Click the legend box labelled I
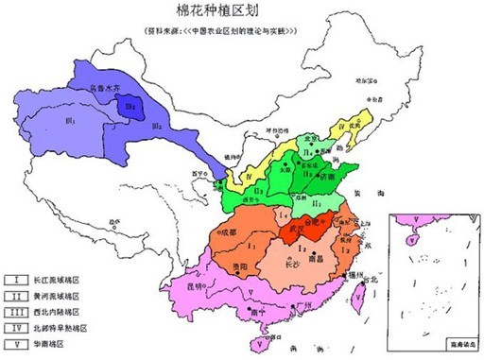(x=16, y=280)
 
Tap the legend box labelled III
(x=16, y=312)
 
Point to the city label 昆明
(x=219, y=283)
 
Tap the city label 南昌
(x=329, y=256)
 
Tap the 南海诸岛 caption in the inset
(x=461, y=348)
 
